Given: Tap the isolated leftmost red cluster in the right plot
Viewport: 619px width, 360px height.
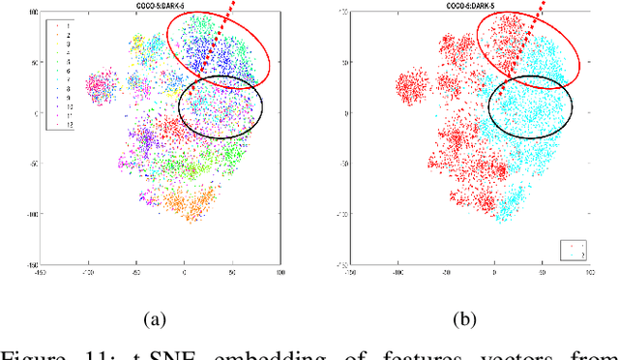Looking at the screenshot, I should (408, 87).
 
